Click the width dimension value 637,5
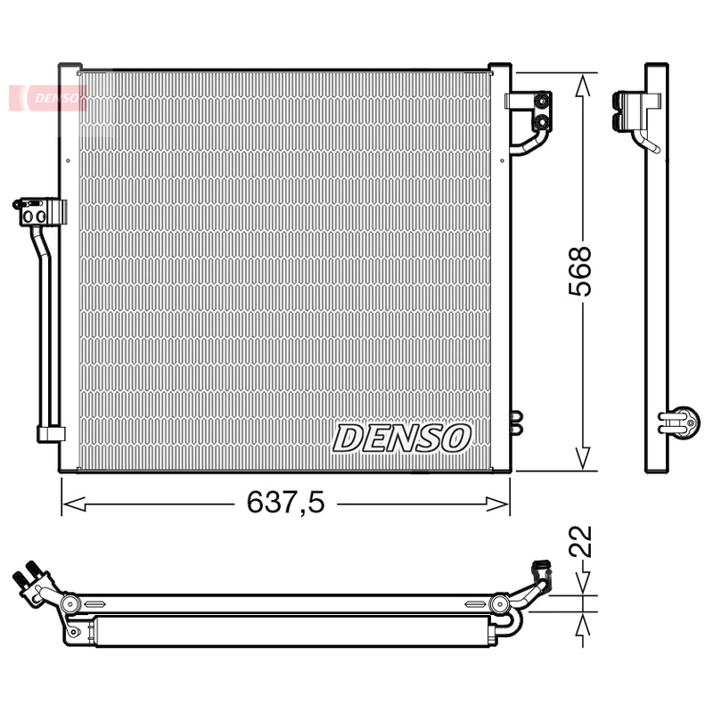pyautogui.click(x=285, y=504)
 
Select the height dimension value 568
pyautogui.click(x=580, y=271)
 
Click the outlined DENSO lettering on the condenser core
pyautogui.click(x=402, y=438)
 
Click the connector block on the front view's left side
pyautogui.click(x=41, y=211)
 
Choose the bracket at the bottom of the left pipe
pyautogui.click(x=50, y=434)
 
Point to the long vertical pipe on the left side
pyautogui.click(x=44, y=330)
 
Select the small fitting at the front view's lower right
pyautogui.click(x=515, y=422)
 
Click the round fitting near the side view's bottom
pyautogui.click(x=683, y=421)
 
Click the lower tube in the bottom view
pyautogui.click(x=285, y=631)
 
